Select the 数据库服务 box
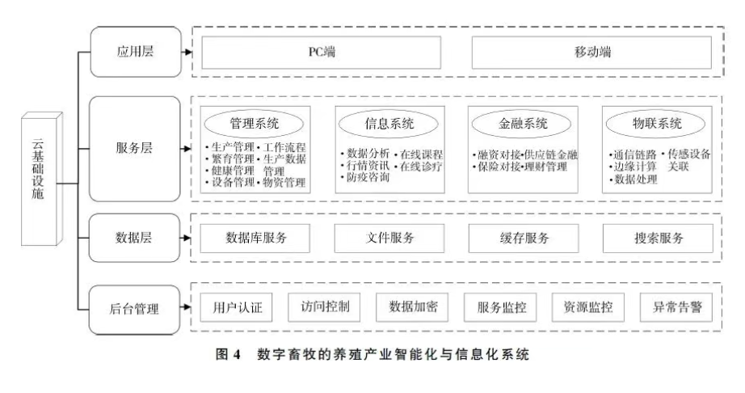tap(255, 238)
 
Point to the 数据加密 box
tap(413, 308)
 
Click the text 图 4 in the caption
tap(234, 357)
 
